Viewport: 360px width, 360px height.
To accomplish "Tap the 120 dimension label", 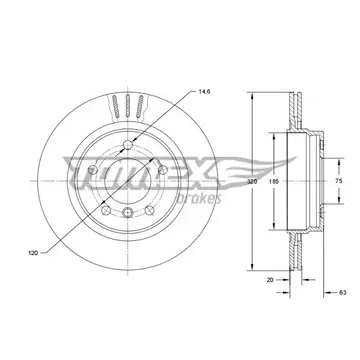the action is pos(33,253).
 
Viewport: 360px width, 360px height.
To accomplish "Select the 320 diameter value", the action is pos(252,182).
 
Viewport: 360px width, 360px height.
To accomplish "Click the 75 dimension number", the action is pos(339,181).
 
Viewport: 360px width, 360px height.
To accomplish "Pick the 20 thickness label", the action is pos(270,280).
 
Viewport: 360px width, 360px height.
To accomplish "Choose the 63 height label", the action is pos(343,293).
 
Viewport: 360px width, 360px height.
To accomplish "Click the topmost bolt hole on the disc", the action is pos(128,145).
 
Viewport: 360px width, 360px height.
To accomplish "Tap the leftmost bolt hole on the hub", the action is pos(93,170).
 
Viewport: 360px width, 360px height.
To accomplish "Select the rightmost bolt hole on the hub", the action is pos(163,170).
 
